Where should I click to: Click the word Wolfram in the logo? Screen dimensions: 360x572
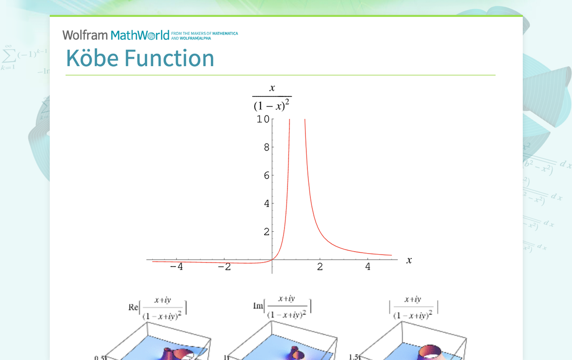[x=85, y=35]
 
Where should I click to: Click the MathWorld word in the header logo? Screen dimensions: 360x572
[x=140, y=35]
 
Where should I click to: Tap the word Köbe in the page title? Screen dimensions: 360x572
[x=92, y=58]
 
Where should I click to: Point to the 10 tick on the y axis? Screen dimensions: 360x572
[x=263, y=119]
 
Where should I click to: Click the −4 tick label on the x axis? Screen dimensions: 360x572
[x=176, y=267]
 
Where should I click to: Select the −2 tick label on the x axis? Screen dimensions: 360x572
[x=224, y=267]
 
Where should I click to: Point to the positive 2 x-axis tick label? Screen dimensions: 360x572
[x=320, y=267]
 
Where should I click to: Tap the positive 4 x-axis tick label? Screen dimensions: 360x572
[x=368, y=267]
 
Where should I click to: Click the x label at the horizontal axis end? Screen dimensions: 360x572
[x=409, y=260]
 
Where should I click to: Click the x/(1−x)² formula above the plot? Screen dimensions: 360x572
[x=272, y=97]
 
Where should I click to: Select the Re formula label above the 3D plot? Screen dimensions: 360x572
[x=158, y=307]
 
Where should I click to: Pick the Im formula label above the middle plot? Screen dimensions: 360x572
[x=282, y=306]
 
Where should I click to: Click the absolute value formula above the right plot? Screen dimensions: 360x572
[x=413, y=307]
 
